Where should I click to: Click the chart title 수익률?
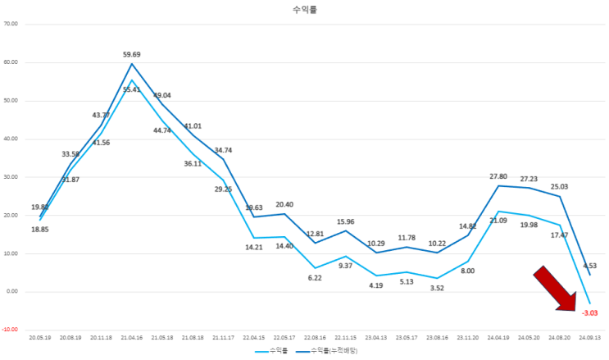click(x=304, y=11)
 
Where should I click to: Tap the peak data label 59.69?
click(x=133, y=55)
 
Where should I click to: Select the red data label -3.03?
click(x=590, y=313)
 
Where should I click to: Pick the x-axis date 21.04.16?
click(x=132, y=337)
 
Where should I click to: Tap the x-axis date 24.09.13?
click(x=589, y=337)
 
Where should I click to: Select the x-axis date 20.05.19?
click(x=40, y=337)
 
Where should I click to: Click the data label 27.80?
click(x=498, y=176)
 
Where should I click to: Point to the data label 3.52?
click(x=436, y=287)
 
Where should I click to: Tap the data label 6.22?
click(x=314, y=279)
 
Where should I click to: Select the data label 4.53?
click(x=590, y=265)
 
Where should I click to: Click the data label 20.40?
click(x=284, y=204)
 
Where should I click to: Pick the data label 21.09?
click(x=497, y=220)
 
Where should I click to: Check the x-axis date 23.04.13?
click(x=375, y=337)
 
